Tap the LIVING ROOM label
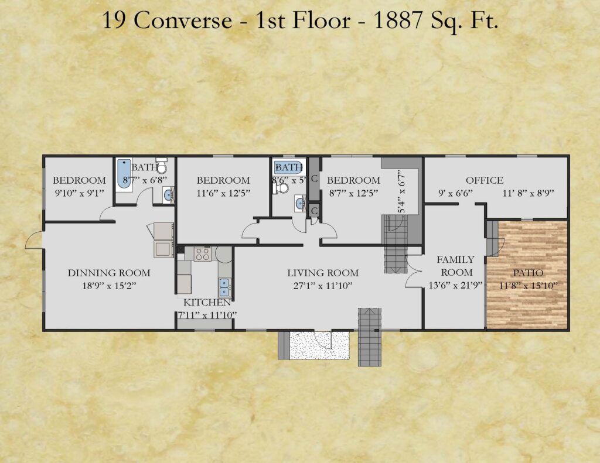[x=323, y=273]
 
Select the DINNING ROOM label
[x=109, y=273]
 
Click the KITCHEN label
[x=207, y=303]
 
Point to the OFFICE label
[x=485, y=180]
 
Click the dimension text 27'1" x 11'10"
[x=323, y=286]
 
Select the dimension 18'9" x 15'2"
[x=109, y=286]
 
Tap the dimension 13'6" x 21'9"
[x=455, y=285]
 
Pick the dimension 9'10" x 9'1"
[x=79, y=193]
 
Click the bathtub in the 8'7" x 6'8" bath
[x=124, y=174]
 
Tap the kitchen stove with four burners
[x=202, y=254]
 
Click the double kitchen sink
[x=224, y=287]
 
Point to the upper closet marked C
[x=314, y=179]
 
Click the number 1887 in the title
[x=397, y=20]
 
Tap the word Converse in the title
[x=183, y=20]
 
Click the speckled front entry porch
[x=319, y=345]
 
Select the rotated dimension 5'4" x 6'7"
[x=401, y=191]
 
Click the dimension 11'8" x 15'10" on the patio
[x=528, y=286]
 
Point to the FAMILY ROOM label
[x=456, y=266]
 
